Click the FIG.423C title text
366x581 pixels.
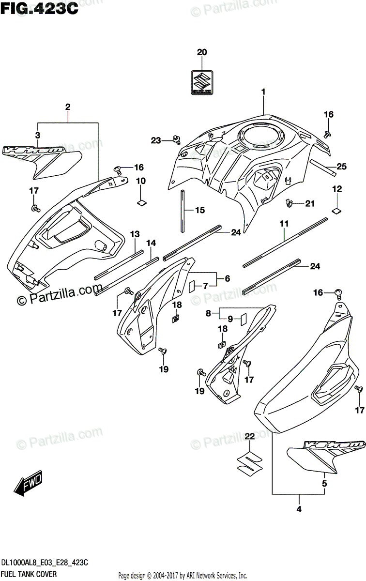[x=40, y=10]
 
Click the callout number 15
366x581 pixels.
[x=199, y=210]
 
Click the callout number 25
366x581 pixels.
[x=342, y=167]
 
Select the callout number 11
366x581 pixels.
[x=284, y=224]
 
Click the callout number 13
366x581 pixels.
[x=135, y=234]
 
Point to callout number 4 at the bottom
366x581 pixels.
[x=299, y=509]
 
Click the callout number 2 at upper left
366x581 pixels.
[x=68, y=106]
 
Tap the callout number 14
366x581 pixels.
[x=152, y=242]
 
